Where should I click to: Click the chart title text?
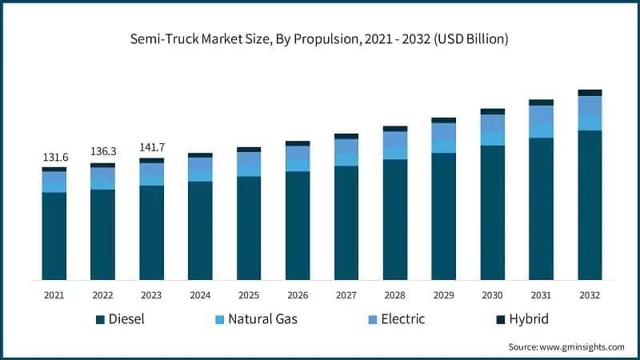[320, 38]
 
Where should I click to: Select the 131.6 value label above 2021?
[54, 158]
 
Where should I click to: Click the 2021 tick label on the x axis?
[54, 295]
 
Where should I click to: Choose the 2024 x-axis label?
[200, 295]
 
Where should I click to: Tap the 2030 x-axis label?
[492, 295]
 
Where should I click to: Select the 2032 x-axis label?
[590, 295]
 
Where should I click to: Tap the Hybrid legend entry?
[525, 320]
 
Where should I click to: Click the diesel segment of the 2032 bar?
[590, 205]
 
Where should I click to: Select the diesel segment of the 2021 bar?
[54, 236]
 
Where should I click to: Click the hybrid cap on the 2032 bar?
[590, 93]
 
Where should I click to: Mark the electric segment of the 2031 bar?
[541, 114]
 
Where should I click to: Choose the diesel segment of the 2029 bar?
[443, 216]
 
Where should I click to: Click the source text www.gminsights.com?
[566, 347]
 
